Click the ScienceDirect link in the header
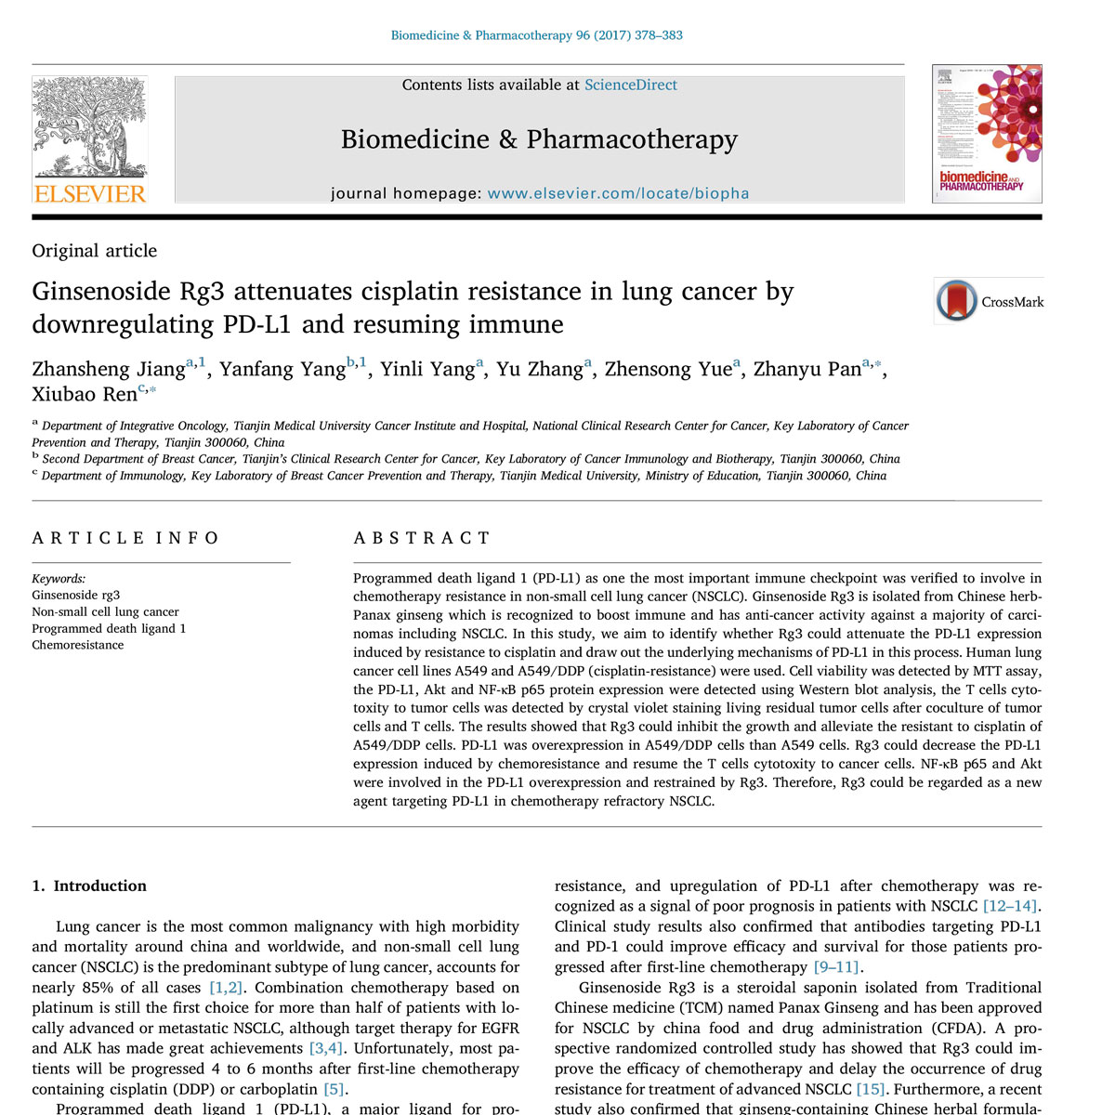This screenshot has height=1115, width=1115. coord(630,85)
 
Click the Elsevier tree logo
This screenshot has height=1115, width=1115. coord(89,127)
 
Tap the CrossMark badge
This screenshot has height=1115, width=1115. coord(989,301)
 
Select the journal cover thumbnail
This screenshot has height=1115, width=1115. coord(987,133)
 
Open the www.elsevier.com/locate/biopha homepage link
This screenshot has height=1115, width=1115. coord(618,194)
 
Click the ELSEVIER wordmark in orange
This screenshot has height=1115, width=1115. coord(90,194)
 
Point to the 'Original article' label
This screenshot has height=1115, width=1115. coord(95,251)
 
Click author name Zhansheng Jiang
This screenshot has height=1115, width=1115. coord(108,370)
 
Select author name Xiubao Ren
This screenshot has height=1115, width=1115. coord(85,395)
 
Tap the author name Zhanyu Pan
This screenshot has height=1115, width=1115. coord(807,370)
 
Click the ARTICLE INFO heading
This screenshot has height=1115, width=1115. coord(125,538)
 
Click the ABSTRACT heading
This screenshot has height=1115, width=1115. coord(422,538)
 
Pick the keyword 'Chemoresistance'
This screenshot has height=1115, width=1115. coord(78,645)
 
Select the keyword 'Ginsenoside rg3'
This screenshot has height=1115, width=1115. coord(76,595)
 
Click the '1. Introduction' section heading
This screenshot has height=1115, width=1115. coord(89,886)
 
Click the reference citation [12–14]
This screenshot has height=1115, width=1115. coord(1011,906)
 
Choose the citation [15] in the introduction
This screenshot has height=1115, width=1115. coord(870,1089)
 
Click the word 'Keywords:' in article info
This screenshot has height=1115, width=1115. coord(59,578)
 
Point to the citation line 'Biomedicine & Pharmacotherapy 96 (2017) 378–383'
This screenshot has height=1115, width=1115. coord(536,35)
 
